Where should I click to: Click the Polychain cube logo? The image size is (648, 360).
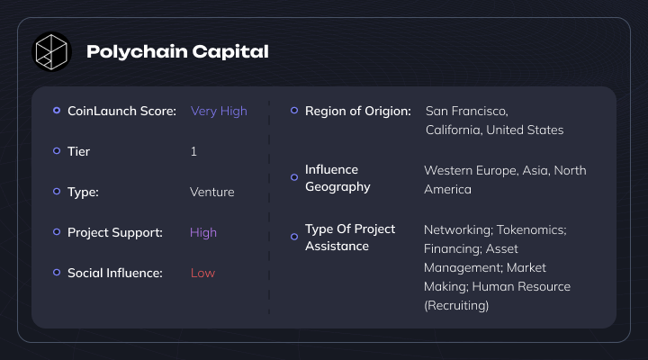(51, 51)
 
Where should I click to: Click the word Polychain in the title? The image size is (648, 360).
(137, 52)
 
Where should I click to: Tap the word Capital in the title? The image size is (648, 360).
(230, 51)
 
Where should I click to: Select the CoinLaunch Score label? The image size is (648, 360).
(121, 111)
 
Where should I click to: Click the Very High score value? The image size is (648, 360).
(219, 112)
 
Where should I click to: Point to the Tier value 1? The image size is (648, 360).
(193, 151)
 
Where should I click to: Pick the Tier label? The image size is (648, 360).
(78, 151)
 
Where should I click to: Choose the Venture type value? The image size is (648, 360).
(212, 192)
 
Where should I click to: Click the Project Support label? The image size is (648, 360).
(115, 233)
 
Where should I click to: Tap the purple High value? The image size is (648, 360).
(202, 233)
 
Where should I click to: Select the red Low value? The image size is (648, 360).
(202, 273)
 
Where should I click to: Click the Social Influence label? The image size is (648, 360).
(115, 273)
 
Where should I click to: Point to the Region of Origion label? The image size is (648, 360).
(358, 112)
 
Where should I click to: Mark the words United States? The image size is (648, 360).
(525, 130)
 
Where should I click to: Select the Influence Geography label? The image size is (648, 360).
(337, 178)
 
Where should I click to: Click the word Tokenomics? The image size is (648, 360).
(532, 229)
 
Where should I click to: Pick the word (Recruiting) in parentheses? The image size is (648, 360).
(456, 305)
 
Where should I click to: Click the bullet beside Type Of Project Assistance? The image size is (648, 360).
(294, 237)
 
